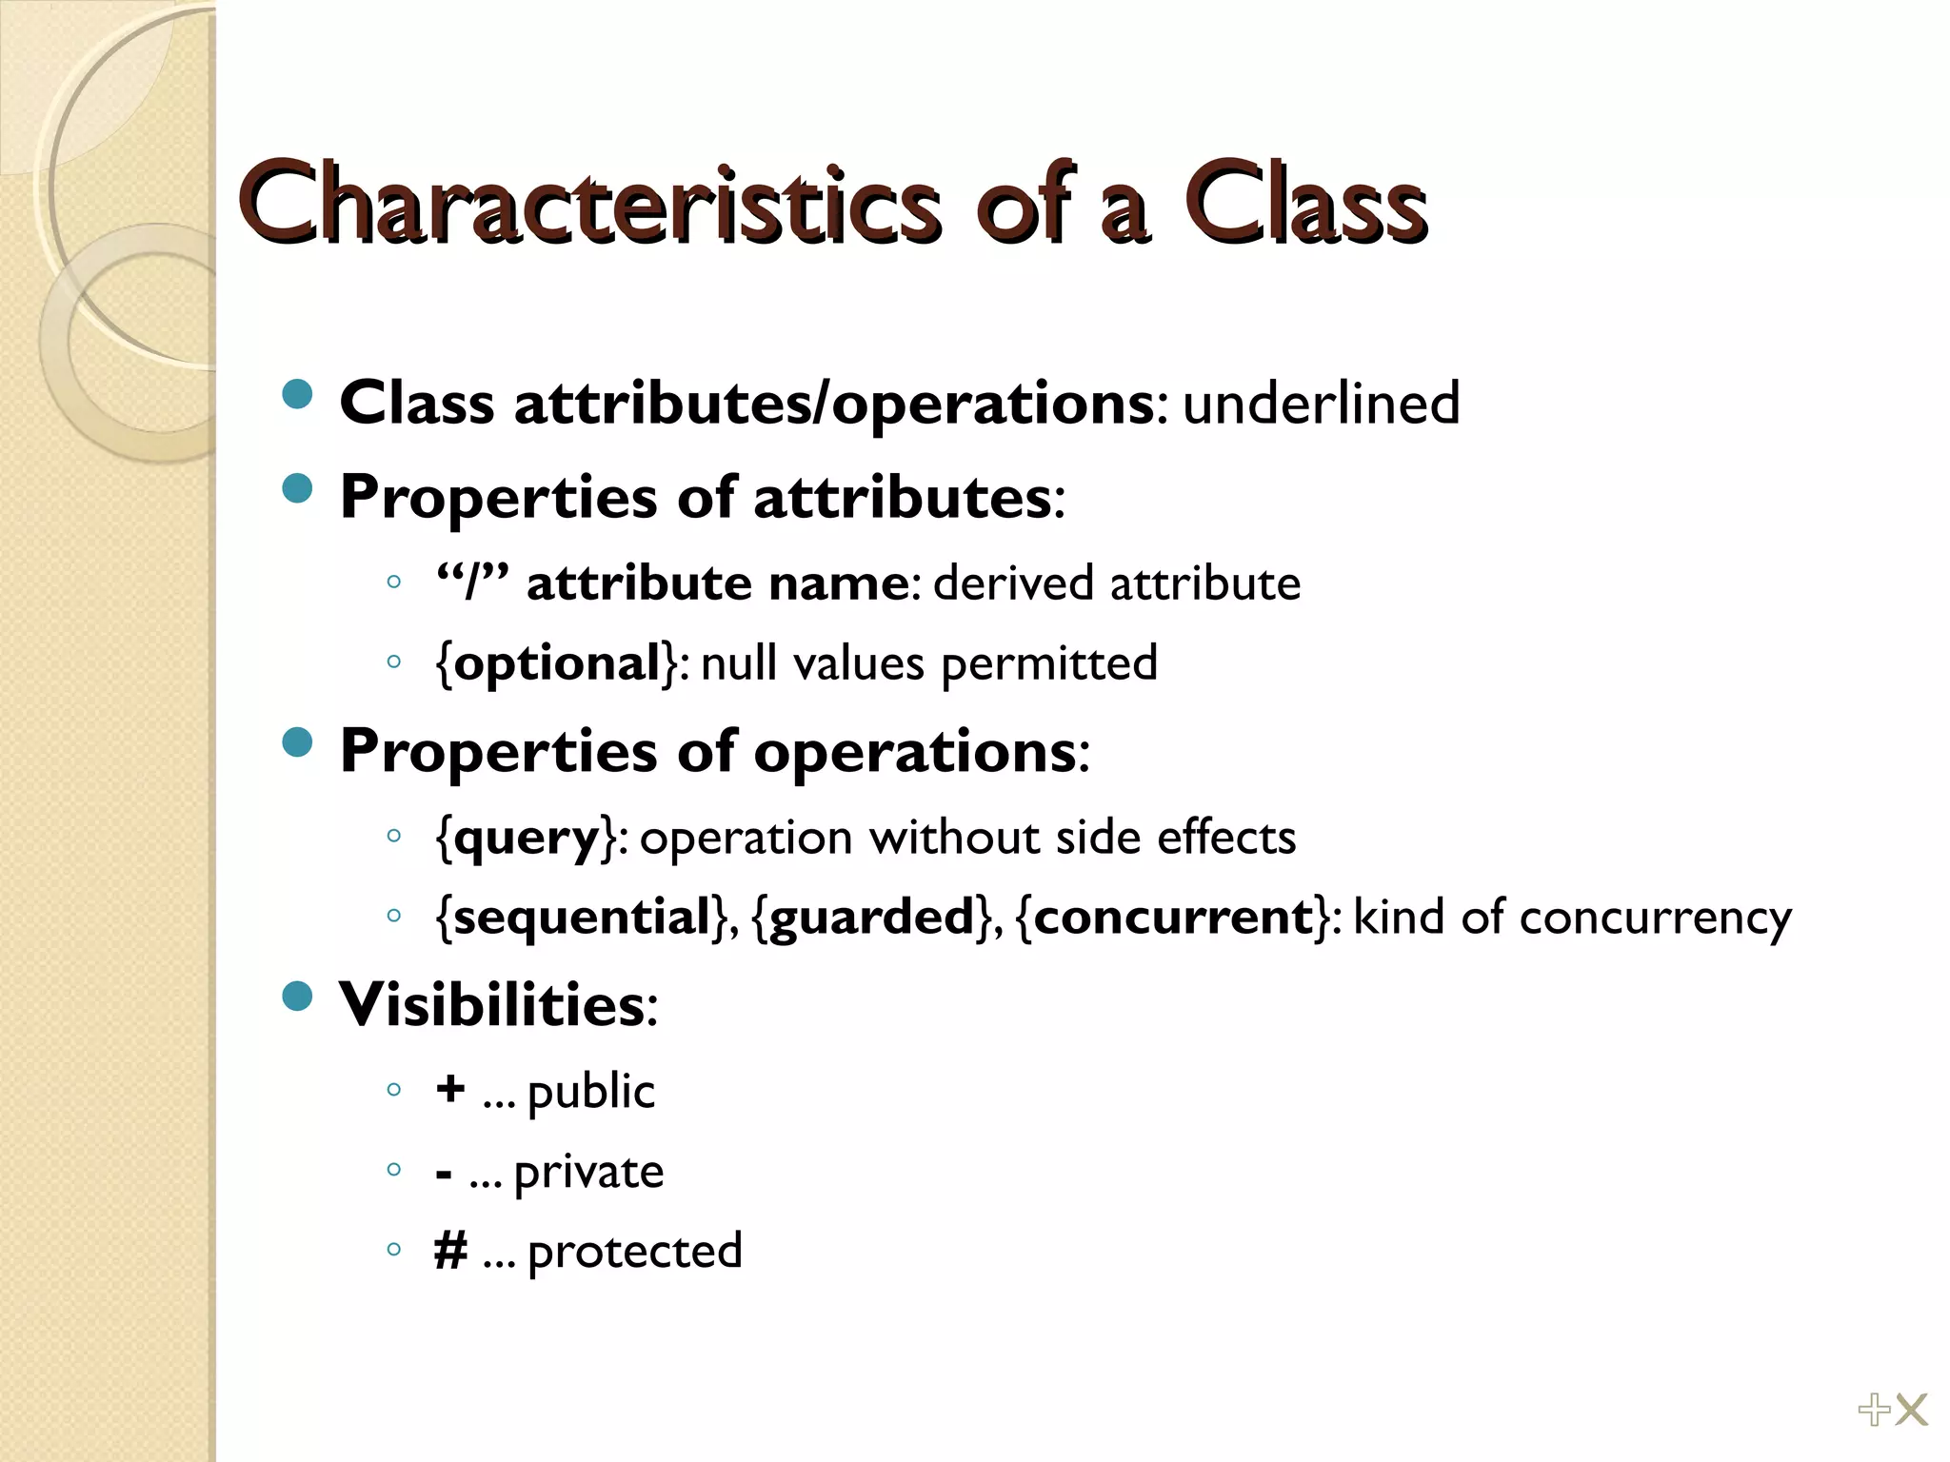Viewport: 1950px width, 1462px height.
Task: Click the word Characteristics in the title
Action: tap(590, 205)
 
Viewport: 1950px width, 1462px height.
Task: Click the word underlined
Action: tap(1321, 404)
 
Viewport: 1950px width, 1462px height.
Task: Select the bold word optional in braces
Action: tap(557, 662)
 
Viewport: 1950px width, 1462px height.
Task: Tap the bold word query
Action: tap(527, 839)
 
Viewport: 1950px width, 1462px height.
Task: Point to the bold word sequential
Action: tap(582, 918)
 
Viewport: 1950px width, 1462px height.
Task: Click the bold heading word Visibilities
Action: tap(492, 1005)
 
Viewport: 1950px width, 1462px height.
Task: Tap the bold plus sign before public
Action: tap(450, 1088)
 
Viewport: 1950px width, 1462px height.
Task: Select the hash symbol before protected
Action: tap(450, 1251)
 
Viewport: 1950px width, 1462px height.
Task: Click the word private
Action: tap(588, 1173)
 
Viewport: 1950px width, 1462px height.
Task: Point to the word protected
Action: tap(634, 1253)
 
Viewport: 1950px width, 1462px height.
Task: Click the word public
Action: tap(590, 1093)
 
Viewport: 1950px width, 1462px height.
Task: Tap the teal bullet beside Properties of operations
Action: tap(298, 742)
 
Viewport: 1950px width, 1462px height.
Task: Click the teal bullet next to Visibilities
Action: tap(298, 997)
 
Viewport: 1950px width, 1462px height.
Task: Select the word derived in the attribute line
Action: tap(1012, 583)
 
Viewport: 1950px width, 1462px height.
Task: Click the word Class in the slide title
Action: tap(1305, 205)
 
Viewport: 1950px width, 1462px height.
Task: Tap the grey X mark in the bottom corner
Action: tap(1911, 1410)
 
